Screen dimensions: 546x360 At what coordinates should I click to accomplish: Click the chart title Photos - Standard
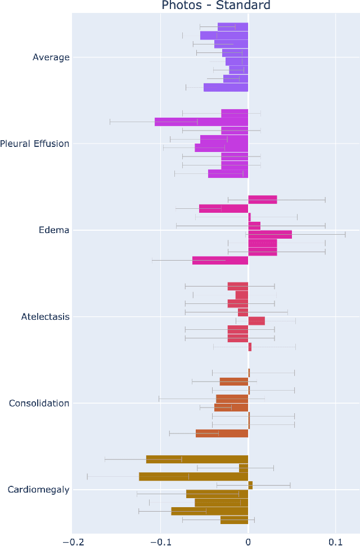point(216,6)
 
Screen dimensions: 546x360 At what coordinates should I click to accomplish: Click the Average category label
point(51,57)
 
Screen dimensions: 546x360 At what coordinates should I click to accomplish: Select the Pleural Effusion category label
point(35,144)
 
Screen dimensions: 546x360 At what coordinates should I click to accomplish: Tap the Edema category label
point(54,230)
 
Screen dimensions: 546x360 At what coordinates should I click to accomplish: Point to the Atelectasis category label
point(46,316)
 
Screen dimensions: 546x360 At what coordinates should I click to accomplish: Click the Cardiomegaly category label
point(39,490)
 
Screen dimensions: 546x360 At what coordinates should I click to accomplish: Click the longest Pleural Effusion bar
point(201,122)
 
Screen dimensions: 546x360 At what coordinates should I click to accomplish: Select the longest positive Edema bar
point(270,234)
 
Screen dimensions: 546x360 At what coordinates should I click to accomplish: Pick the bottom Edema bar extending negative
point(220,261)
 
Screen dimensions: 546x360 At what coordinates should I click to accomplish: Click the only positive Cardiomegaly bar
point(250,485)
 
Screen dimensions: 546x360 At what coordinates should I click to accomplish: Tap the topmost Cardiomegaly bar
point(197,459)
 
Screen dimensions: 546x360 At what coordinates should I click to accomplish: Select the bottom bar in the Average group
point(226,87)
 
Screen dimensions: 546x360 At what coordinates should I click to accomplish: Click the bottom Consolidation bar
point(222,433)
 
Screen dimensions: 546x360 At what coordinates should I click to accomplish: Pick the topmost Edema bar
point(263,199)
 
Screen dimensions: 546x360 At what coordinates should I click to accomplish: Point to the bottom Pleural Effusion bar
point(228,173)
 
